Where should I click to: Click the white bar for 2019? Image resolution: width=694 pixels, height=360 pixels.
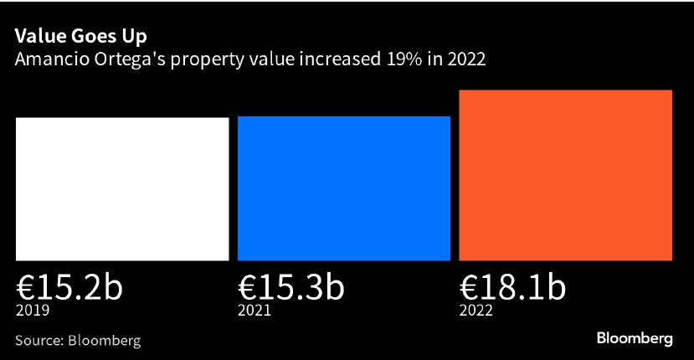coord(122,188)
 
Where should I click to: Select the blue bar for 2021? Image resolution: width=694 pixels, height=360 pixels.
coord(344,188)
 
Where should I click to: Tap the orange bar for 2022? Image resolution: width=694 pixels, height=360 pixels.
coord(566,174)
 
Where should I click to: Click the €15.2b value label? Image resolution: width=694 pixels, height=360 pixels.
coord(69,288)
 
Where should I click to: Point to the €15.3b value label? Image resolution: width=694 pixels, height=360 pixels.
coord(290,288)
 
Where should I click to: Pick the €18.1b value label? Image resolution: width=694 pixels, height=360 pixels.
coord(512,288)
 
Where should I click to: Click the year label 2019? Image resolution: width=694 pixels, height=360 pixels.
coord(33,311)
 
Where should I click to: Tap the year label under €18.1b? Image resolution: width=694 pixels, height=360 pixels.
coord(476,311)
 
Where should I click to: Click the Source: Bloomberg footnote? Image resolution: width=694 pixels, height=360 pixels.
coord(77,341)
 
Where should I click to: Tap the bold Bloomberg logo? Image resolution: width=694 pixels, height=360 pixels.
coord(635,339)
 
